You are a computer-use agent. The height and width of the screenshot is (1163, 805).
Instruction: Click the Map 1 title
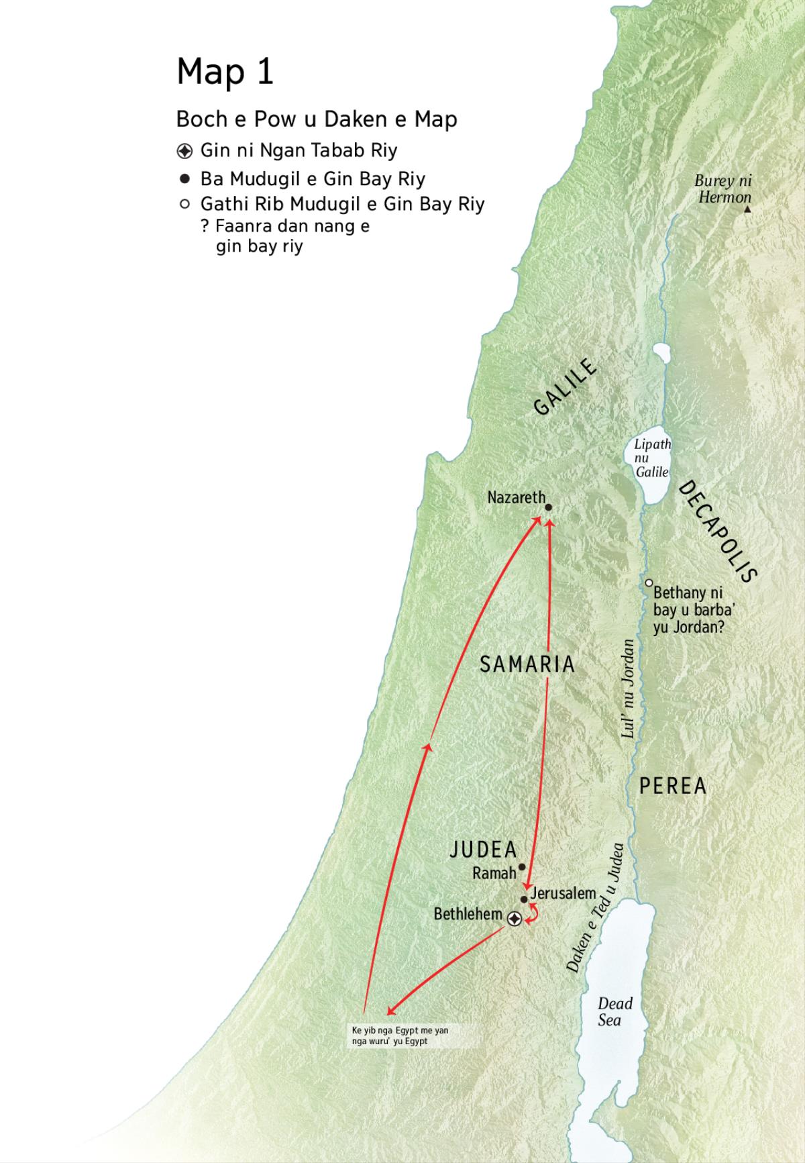pyautogui.click(x=225, y=72)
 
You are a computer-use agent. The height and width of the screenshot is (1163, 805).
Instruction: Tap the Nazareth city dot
pyautogui.click(x=548, y=508)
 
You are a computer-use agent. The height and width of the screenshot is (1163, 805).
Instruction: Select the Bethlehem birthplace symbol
pyautogui.click(x=514, y=919)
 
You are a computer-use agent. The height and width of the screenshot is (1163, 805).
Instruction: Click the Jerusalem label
pyautogui.click(x=563, y=893)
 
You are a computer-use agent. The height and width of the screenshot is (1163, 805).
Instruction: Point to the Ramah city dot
pyautogui.click(x=521, y=866)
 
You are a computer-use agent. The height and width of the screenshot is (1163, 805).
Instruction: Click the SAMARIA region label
pyautogui.click(x=527, y=664)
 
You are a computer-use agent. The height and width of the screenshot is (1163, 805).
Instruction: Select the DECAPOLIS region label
pyautogui.click(x=718, y=531)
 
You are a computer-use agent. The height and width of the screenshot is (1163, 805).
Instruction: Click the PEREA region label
pyautogui.click(x=672, y=786)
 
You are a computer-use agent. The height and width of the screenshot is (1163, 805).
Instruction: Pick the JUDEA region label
pyautogui.click(x=483, y=850)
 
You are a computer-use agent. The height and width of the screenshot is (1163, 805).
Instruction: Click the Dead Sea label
pyautogui.click(x=614, y=1011)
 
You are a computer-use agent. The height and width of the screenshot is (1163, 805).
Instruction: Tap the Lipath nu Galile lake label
pyautogui.click(x=652, y=458)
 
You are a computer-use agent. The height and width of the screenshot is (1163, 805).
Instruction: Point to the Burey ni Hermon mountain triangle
pyautogui.click(x=747, y=210)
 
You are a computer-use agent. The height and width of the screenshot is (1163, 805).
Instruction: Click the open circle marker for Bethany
pyautogui.click(x=649, y=583)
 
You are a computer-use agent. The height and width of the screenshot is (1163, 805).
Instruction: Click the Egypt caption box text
pyautogui.click(x=400, y=1035)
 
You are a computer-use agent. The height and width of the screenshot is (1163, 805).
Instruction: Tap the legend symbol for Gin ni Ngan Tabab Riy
pyautogui.click(x=185, y=150)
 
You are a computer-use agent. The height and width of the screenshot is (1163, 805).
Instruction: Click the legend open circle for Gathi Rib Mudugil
pyautogui.click(x=185, y=203)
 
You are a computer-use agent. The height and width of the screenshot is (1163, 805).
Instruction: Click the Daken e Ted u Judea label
pyautogui.click(x=596, y=907)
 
